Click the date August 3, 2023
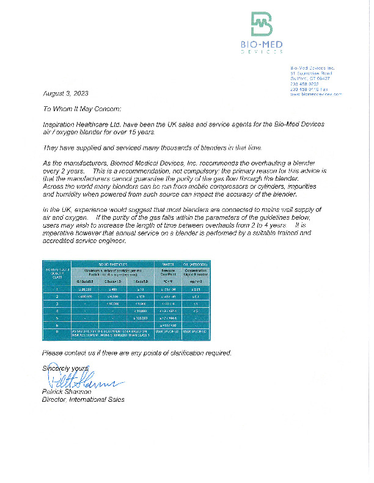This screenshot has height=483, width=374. [x=65, y=93]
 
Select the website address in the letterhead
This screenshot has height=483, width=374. [x=315, y=95]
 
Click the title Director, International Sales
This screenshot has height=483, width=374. [x=82, y=399]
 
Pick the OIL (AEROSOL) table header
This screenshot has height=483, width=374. [x=196, y=264]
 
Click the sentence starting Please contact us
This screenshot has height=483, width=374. [x=136, y=353]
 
